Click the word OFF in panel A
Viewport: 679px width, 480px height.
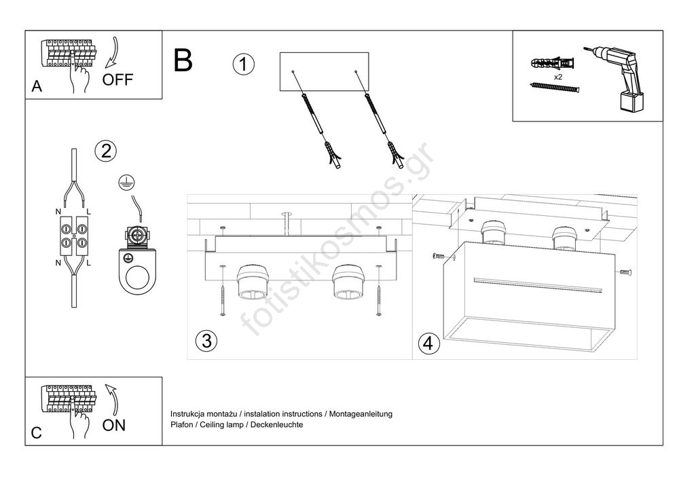[x=117, y=79]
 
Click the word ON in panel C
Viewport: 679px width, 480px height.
[x=114, y=426]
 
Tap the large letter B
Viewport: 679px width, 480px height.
[x=183, y=60]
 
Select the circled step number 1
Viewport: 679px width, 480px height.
[x=243, y=64]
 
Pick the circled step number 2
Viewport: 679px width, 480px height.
[x=106, y=151]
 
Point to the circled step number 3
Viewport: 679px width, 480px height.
[x=206, y=340]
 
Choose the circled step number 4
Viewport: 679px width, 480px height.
[x=428, y=343]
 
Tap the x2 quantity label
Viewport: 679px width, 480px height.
[x=558, y=77]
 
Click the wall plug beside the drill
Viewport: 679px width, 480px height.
[x=552, y=63]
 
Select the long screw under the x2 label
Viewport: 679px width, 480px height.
[x=554, y=88]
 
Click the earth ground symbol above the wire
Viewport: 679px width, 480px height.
[x=126, y=183]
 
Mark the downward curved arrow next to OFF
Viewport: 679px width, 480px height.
[x=112, y=53]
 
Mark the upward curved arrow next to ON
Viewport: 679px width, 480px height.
[x=112, y=399]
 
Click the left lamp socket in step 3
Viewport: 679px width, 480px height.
[x=253, y=282]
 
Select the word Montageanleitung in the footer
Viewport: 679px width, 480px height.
[x=361, y=413]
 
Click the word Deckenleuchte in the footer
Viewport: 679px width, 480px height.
[x=277, y=424]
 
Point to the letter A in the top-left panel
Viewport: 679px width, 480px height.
[x=37, y=86]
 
